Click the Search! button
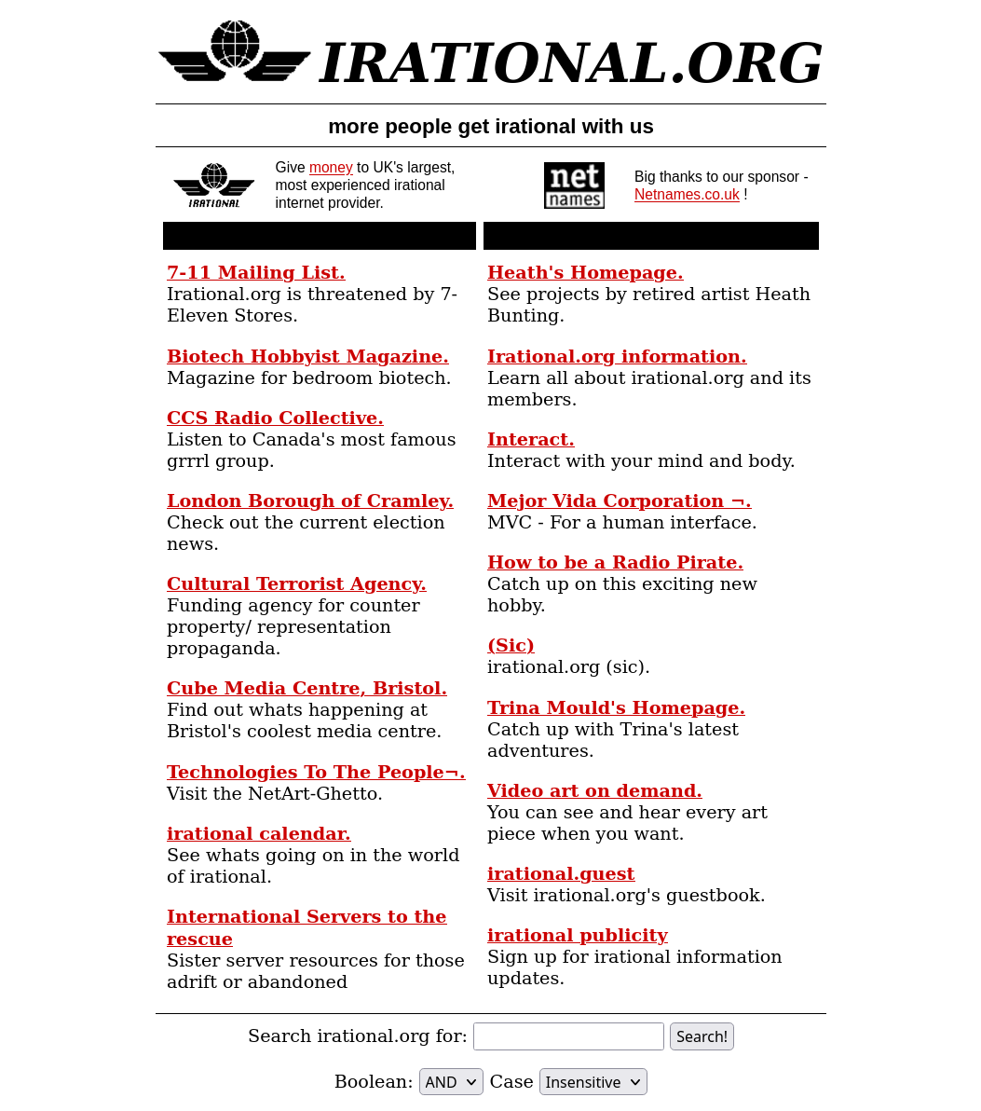(x=702, y=1036)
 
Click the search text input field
(x=568, y=1036)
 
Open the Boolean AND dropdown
(x=451, y=1082)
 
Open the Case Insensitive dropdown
(x=593, y=1082)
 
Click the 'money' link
(x=331, y=168)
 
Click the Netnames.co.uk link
(x=687, y=195)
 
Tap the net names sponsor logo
(x=574, y=185)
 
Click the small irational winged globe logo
(x=214, y=185)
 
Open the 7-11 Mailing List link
(x=255, y=273)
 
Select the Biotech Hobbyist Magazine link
(x=307, y=357)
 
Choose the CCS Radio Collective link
(x=275, y=418)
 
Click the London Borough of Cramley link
(x=309, y=501)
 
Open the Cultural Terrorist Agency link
(x=296, y=584)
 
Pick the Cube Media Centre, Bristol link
(x=307, y=689)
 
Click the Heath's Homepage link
(x=585, y=273)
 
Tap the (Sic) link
(x=511, y=646)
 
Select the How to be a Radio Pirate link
(x=615, y=563)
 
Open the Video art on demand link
(x=594, y=791)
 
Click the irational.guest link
(x=561, y=874)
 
